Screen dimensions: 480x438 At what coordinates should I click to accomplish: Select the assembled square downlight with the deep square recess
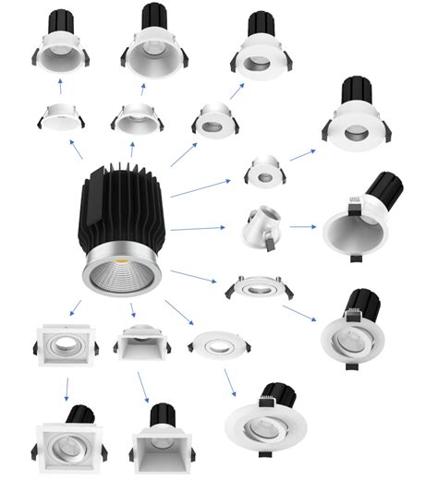164,445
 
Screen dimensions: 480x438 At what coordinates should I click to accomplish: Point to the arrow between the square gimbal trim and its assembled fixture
67,388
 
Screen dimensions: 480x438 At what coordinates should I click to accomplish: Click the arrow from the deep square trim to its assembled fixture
144,387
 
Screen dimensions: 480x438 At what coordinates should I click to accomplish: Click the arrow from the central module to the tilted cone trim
198,227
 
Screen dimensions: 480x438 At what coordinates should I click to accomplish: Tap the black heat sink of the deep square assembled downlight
164,415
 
